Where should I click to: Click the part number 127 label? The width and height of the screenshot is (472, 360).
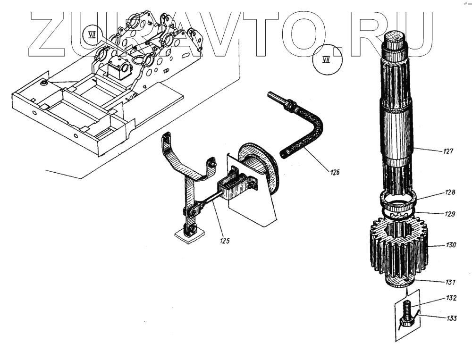click(448, 151)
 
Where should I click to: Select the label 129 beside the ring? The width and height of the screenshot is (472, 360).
click(449, 214)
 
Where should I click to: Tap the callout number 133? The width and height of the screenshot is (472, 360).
click(451, 318)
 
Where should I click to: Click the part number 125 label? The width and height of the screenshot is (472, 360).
click(224, 241)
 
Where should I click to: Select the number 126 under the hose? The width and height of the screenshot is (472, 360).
click(335, 172)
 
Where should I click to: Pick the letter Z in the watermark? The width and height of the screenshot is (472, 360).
click(50, 31)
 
